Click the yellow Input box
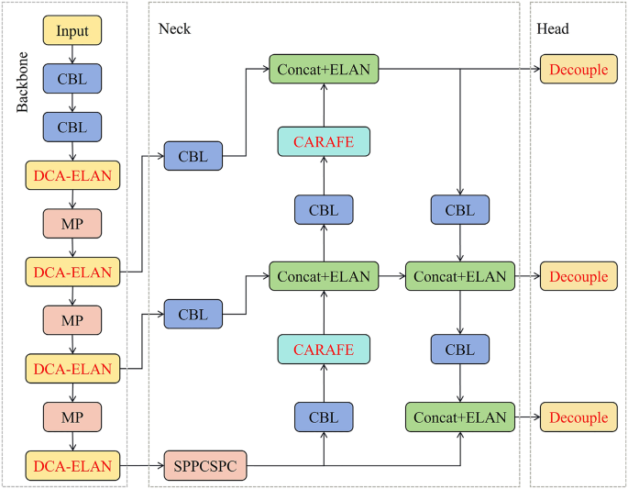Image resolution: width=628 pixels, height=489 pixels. [72, 31]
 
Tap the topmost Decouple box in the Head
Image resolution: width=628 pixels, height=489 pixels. [579, 69]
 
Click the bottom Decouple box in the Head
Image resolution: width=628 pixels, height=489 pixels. [579, 417]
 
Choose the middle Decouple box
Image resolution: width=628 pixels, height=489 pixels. [579, 276]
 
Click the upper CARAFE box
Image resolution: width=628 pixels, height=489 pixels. [324, 141]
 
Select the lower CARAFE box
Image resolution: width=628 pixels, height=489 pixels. [324, 349]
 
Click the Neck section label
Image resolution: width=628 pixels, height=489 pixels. [174, 29]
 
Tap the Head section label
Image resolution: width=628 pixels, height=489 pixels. [553, 29]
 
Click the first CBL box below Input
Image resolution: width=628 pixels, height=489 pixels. [72, 79]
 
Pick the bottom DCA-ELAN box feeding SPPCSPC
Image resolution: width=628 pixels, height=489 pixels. [72, 466]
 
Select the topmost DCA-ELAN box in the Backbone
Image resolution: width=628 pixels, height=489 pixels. [72, 173]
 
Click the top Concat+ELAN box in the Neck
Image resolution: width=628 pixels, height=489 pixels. [324, 69]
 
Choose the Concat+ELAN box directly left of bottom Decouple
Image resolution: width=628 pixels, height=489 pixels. [459, 417]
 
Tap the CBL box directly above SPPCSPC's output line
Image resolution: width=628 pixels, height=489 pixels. [324, 417]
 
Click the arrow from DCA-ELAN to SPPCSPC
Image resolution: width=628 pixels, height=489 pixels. [141, 466]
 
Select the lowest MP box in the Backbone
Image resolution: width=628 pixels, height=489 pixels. [72, 417]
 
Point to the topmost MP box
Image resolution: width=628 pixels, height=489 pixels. [72, 223]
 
